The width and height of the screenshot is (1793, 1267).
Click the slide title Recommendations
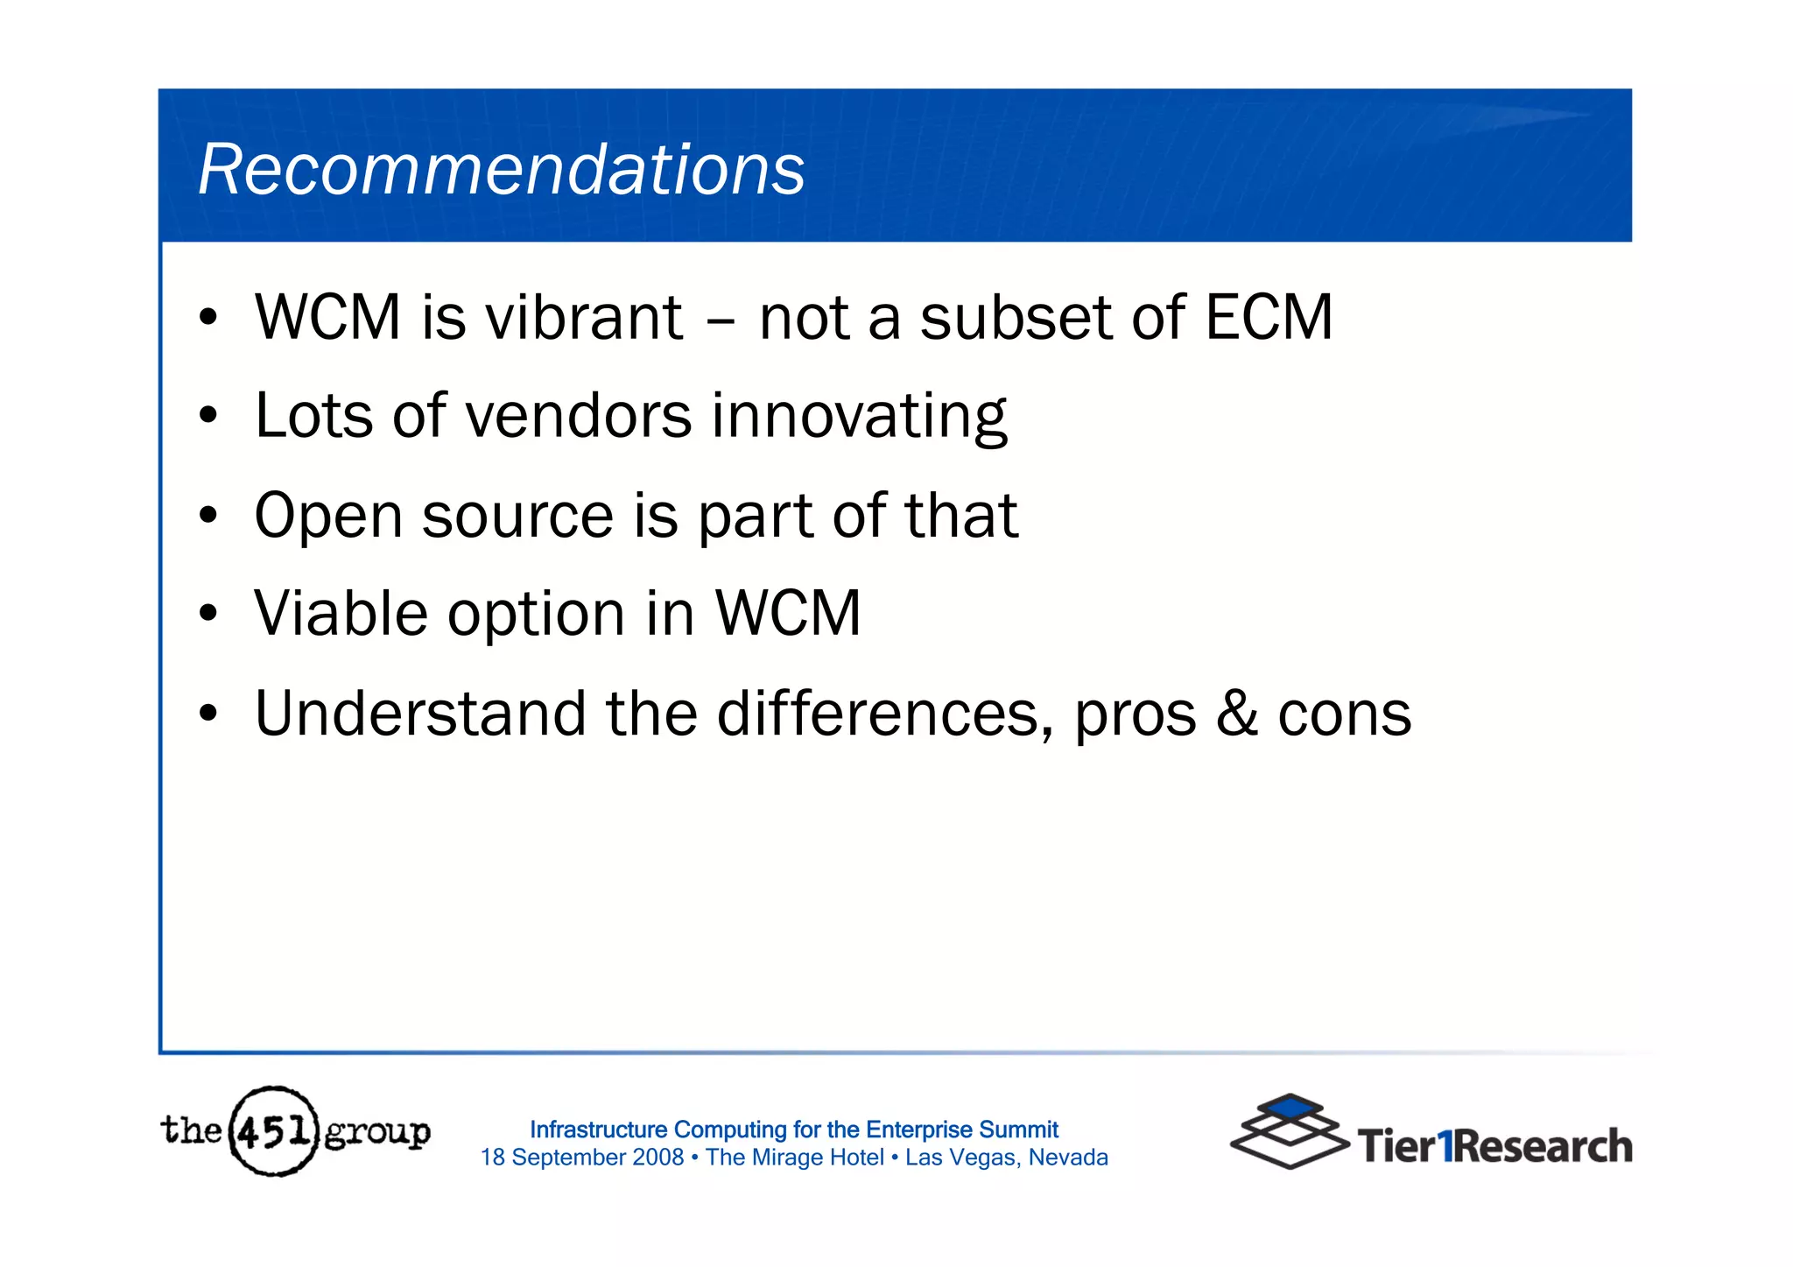click(501, 170)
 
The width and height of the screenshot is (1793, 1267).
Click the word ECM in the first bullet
click(1269, 317)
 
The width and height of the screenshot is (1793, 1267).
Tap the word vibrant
click(584, 317)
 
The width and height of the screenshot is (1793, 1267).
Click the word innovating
click(859, 417)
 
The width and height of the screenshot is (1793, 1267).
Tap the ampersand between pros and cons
click(1237, 714)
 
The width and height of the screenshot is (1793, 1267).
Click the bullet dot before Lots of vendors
click(207, 416)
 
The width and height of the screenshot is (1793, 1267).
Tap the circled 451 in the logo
click(273, 1131)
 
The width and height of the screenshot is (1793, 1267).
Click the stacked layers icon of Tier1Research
click(1290, 1131)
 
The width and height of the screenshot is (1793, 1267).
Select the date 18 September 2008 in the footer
click(581, 1158)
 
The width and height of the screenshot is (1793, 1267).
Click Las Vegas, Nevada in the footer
click(1006, 1158)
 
